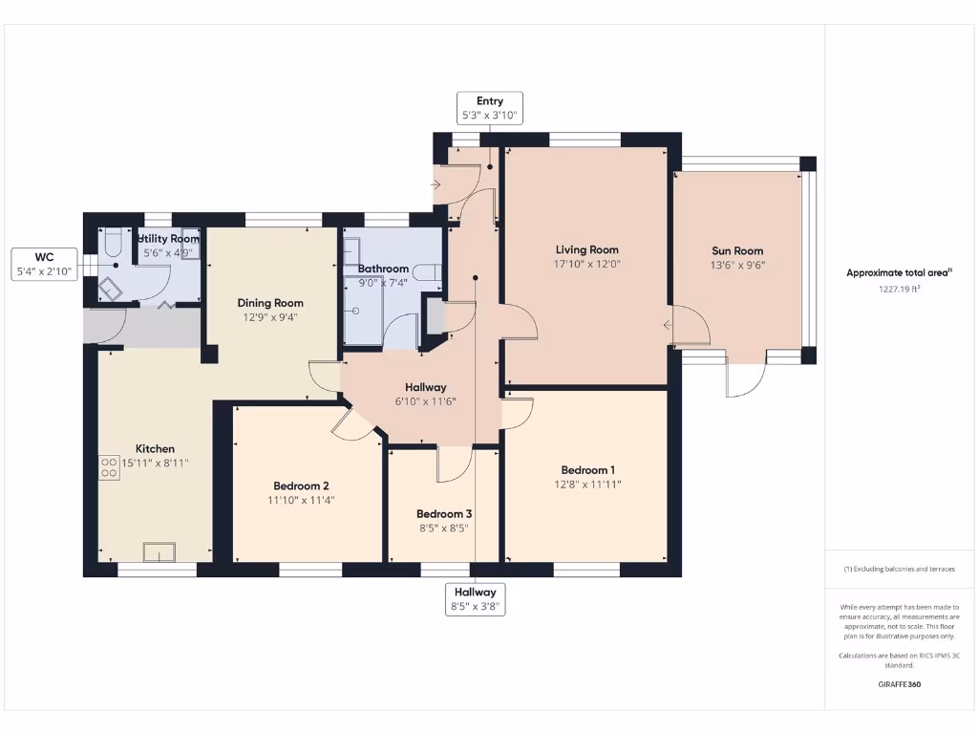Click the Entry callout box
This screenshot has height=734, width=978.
pos(490,107)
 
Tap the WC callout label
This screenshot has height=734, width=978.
pos(43,265)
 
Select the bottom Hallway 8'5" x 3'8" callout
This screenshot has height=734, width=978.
pos(475,599)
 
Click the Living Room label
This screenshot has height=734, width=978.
pos(587,249)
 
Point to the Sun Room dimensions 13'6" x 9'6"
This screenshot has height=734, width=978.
pos(737,266)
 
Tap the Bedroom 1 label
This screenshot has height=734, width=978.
pos(587,469)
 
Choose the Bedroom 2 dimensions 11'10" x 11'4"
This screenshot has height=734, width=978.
pos(301,500)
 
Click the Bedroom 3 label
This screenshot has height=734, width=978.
pos(444,513)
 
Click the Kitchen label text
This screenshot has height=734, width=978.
pos(155,448)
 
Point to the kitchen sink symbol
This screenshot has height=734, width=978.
pos(159,552)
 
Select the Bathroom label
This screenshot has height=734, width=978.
pos(383,269)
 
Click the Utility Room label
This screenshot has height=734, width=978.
pos(169,239)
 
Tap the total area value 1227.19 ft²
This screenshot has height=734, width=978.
pos(899,288)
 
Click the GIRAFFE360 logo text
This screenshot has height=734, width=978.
pos(899,684)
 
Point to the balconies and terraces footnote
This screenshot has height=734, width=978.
pos(899,569)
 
